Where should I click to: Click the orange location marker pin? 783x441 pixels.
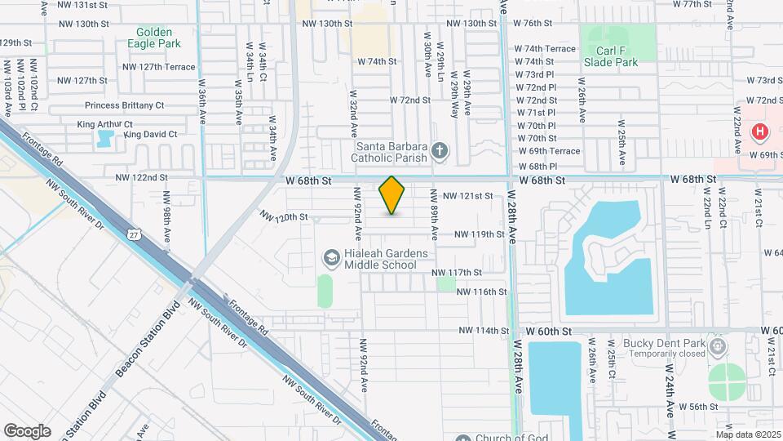point(392,195)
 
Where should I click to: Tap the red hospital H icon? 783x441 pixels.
point(760,131)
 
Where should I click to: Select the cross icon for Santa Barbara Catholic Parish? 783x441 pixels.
point(440,149)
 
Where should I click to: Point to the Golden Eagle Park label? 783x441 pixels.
point(154,38)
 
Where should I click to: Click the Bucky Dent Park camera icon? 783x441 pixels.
point(717,345)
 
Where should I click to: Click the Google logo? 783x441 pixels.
point(27,430)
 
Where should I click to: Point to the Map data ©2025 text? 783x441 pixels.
point(747,434)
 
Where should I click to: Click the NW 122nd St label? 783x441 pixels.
point(141,177)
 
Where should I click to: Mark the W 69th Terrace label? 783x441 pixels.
point(549,151)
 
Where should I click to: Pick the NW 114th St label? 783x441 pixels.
point(484,331)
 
